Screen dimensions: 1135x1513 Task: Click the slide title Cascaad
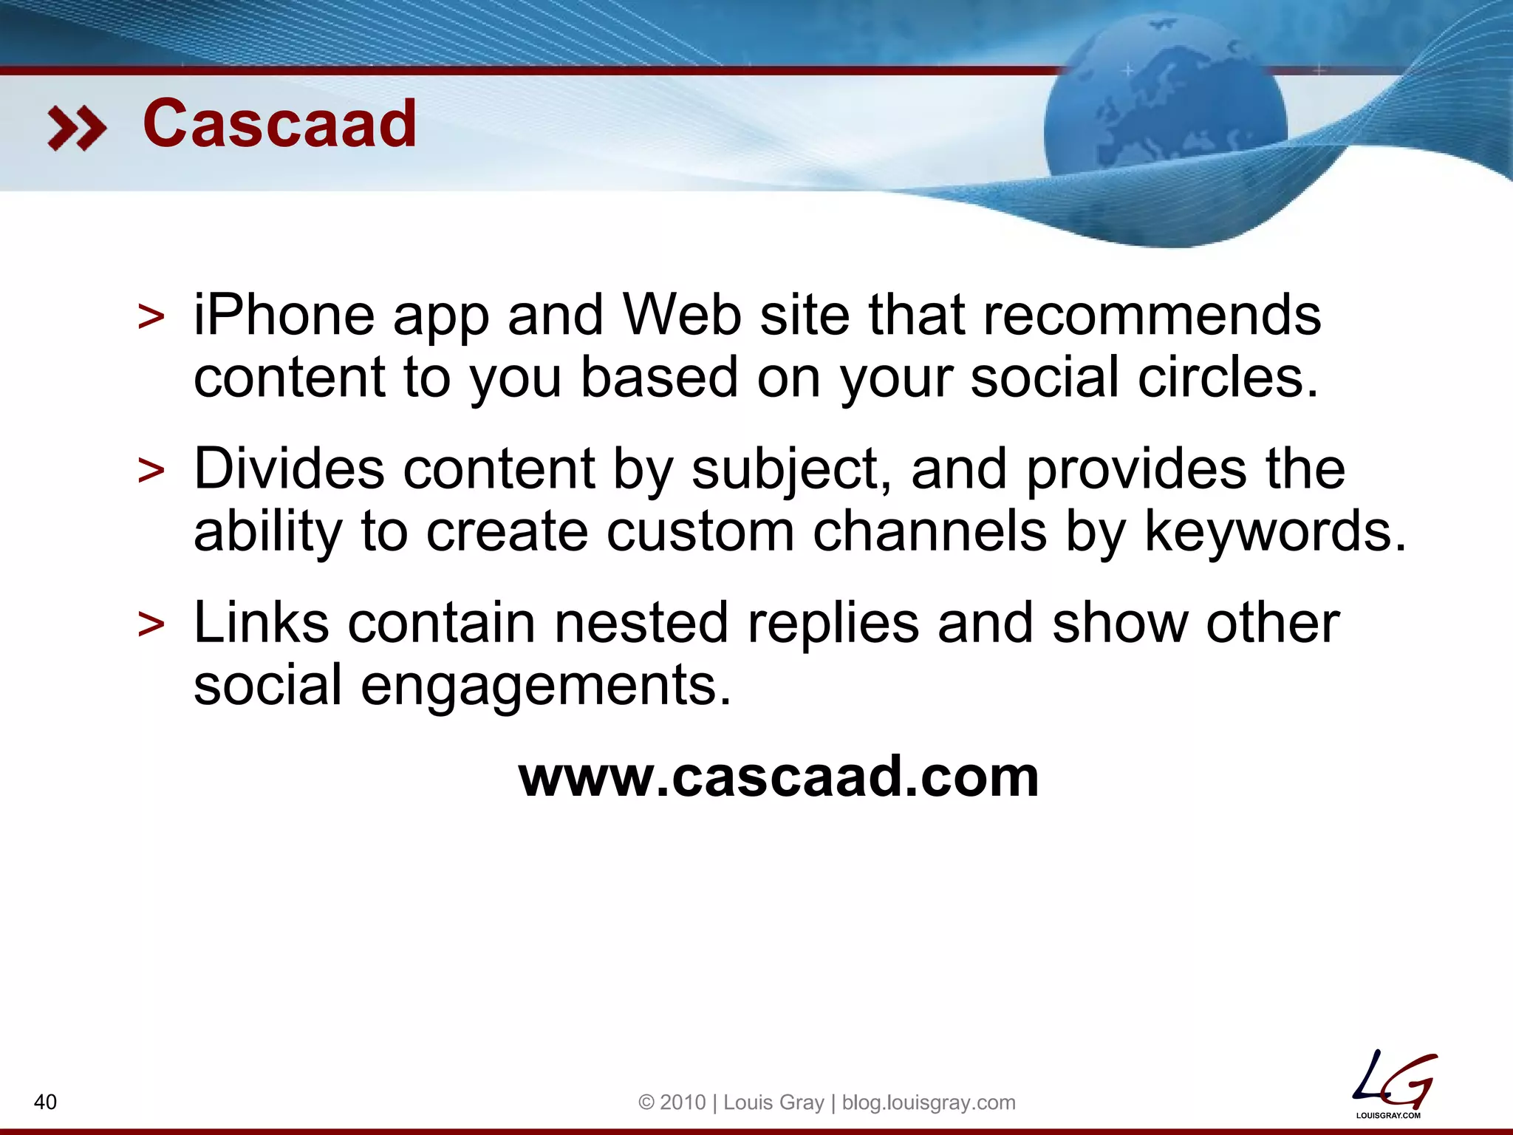pos(279,124)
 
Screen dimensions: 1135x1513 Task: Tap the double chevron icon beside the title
pos(76,129)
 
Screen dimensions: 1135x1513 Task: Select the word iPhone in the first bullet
pos(284,316)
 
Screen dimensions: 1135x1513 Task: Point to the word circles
pos(1227,378)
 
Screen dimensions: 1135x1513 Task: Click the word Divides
pos(289,469)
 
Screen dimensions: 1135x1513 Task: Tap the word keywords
pos(1275,531)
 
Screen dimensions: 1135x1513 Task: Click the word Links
pos(261,623)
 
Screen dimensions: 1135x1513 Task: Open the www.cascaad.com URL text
pos(779,777)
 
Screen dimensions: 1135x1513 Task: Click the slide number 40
pos(45,1102)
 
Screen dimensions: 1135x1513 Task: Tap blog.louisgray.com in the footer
pos(929,1102)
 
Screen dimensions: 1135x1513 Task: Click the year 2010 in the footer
pos(683,1102)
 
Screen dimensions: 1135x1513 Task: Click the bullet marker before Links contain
pos(151,624)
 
